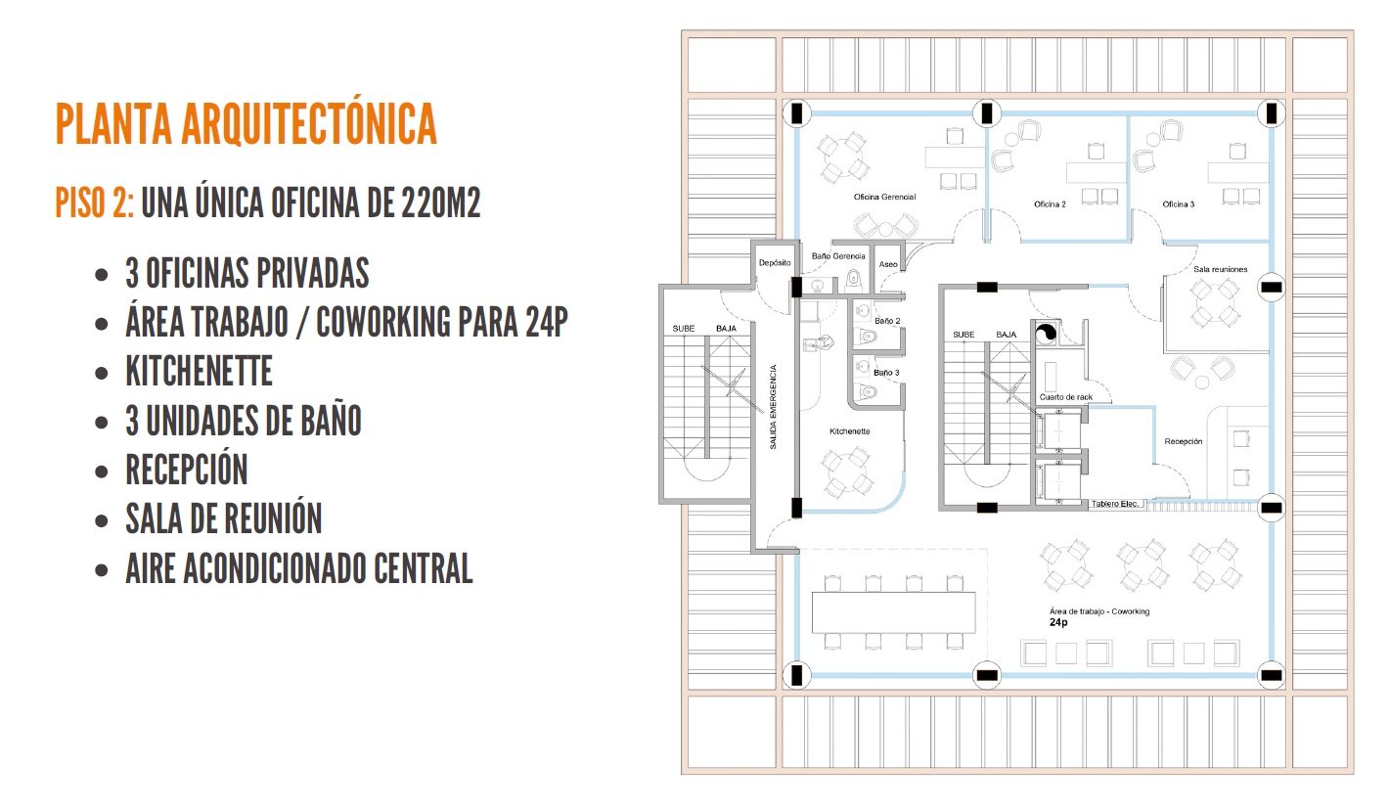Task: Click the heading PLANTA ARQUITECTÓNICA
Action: pyautogui.click(x=246, y=123)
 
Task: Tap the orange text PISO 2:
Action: pyautogui.click(x=94, y=203)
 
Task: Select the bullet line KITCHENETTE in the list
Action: pyautogui.click(x=199, y=371)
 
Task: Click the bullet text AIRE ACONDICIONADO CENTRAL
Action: pyautogui.click(x=299, y=568)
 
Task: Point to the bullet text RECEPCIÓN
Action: pyautogui.click(x=187, y=470)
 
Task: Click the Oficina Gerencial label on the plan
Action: pyautogui.click(x=884, y=197)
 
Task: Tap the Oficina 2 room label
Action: pyautogui.click(x=1050, y=204)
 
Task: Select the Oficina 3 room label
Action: pyautogui.click(x=1178, y=204)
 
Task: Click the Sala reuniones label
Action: pyautogui.click(x=1221, y=269)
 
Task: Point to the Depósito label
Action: pyautogui.click(x=775, y=263)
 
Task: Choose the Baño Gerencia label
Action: pyautogui.click(x=838, y=256)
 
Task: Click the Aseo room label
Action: pyautogui.click(x=888, y=264)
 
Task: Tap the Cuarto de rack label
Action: pyautogui.click(x=1066, y=397)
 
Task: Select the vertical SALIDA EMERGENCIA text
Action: pyautogui.click(x=773, y=407)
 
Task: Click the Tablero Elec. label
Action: pyautogui.click(x=1115, y=504)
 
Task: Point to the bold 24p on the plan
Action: pyautogui.click(x=1058, y=622)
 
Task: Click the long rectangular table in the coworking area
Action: pyautogui.click(x=893, y=612)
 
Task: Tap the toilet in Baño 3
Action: pyautogui.click(x=867, y=391)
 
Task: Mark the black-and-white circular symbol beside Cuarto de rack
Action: pyautogui.click(x=1046, y=334)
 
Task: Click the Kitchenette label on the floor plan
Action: pyautogui.click(x=849, y=431)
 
